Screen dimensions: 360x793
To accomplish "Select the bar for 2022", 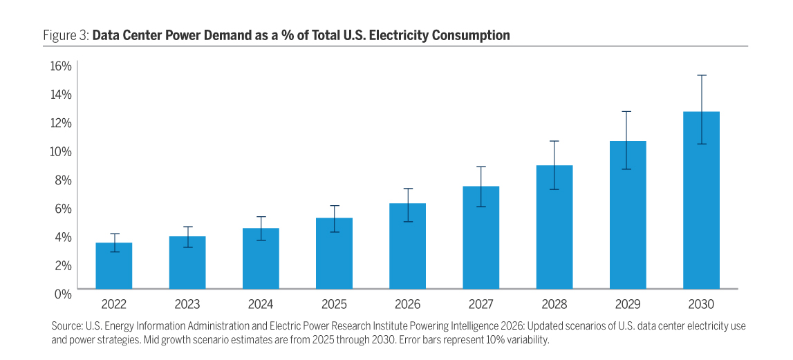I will [x=113, y=266].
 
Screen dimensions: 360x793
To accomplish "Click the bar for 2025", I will [x=334, y=254].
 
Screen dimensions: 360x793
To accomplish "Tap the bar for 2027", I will [x=481, y=238].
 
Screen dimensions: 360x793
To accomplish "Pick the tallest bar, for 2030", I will [x=701, y=200].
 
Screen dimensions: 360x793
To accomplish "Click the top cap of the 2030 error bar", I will [x=701, y=75].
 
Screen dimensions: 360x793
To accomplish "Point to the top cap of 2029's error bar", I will [x=628, y=111].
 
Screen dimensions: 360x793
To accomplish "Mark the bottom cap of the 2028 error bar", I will [x=554, y=189].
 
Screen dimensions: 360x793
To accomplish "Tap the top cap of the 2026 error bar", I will [x=407, y=189].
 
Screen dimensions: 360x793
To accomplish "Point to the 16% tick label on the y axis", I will [x=61, y=66].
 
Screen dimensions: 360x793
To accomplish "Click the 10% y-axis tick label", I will [x=61, y=151].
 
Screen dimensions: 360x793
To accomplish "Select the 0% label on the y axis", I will [x=64, y=294].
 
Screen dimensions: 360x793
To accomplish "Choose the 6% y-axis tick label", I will [x=64, y=208].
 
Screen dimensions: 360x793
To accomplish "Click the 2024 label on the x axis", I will [x=261, y=305].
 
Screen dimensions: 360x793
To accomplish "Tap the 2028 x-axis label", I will [x=554, y=305].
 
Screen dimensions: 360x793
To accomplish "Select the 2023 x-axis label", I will [x=187, y=305].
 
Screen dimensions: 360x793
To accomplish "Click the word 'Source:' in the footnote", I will [x=67, y=325].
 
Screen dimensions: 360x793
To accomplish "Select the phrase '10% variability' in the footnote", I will [x=515, y=340].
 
